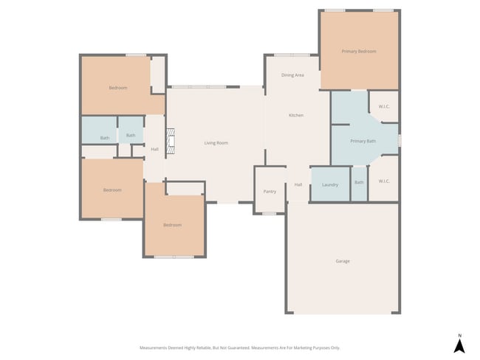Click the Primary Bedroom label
pos(359,52)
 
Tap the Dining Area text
pos(293,75)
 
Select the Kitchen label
pos(296,115)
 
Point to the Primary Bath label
pos(363,141)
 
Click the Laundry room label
pos(330,184)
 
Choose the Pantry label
pos(270,192)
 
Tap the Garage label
pos(343,261)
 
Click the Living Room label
pos(216,142)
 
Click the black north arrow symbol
pos(459,345)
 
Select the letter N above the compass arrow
pos(459,334)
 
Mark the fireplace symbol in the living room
pos(171,142)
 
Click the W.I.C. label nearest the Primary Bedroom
pos(384,106)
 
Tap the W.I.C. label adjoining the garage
pos(384,181)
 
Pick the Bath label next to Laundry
pos(359,183)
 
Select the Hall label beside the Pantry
pos(298,184)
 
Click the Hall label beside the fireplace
pos(154,150)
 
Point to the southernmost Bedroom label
pos(172,225)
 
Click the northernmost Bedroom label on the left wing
pos(118,88)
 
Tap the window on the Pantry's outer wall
pos(270,213)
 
